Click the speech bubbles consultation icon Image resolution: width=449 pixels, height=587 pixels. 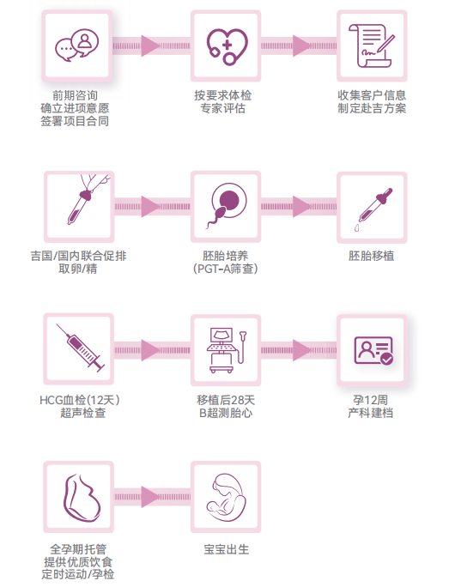click(x=76, y=45)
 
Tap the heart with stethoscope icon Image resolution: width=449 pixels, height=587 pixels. click(x=227, y=46)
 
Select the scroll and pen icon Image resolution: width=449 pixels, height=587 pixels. click(x=372, y=45)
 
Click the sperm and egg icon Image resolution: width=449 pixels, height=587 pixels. click(x=227, y=205)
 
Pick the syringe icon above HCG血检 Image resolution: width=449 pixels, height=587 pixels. click(x=81, y=348)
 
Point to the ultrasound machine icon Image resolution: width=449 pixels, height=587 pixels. click(x=227, y=350)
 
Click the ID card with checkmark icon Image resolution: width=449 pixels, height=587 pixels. click(x=373, y=350)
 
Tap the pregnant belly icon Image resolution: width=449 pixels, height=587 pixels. click(x=82, y=498)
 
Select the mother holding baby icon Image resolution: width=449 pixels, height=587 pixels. click(x=228, y=497)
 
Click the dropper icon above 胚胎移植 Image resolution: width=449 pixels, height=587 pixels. click(x=373, y=209)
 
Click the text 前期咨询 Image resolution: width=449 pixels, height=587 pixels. click(x=75, y=95)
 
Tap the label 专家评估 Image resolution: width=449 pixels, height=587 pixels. click(x=223, y=108)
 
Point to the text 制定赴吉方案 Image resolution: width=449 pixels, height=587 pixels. click(x=372, y=108)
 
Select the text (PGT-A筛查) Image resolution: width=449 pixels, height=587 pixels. click(x=226, y=269)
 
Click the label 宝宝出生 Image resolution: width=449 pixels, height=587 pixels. click(x=227, y=549)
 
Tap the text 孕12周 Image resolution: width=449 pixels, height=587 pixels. click(x=371, y=400)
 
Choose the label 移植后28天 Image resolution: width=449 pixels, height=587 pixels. click(x=226, y=400)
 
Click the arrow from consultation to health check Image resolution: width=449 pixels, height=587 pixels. click(x=151, y=46)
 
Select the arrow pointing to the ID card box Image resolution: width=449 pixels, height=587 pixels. click(x=299, y=350)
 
